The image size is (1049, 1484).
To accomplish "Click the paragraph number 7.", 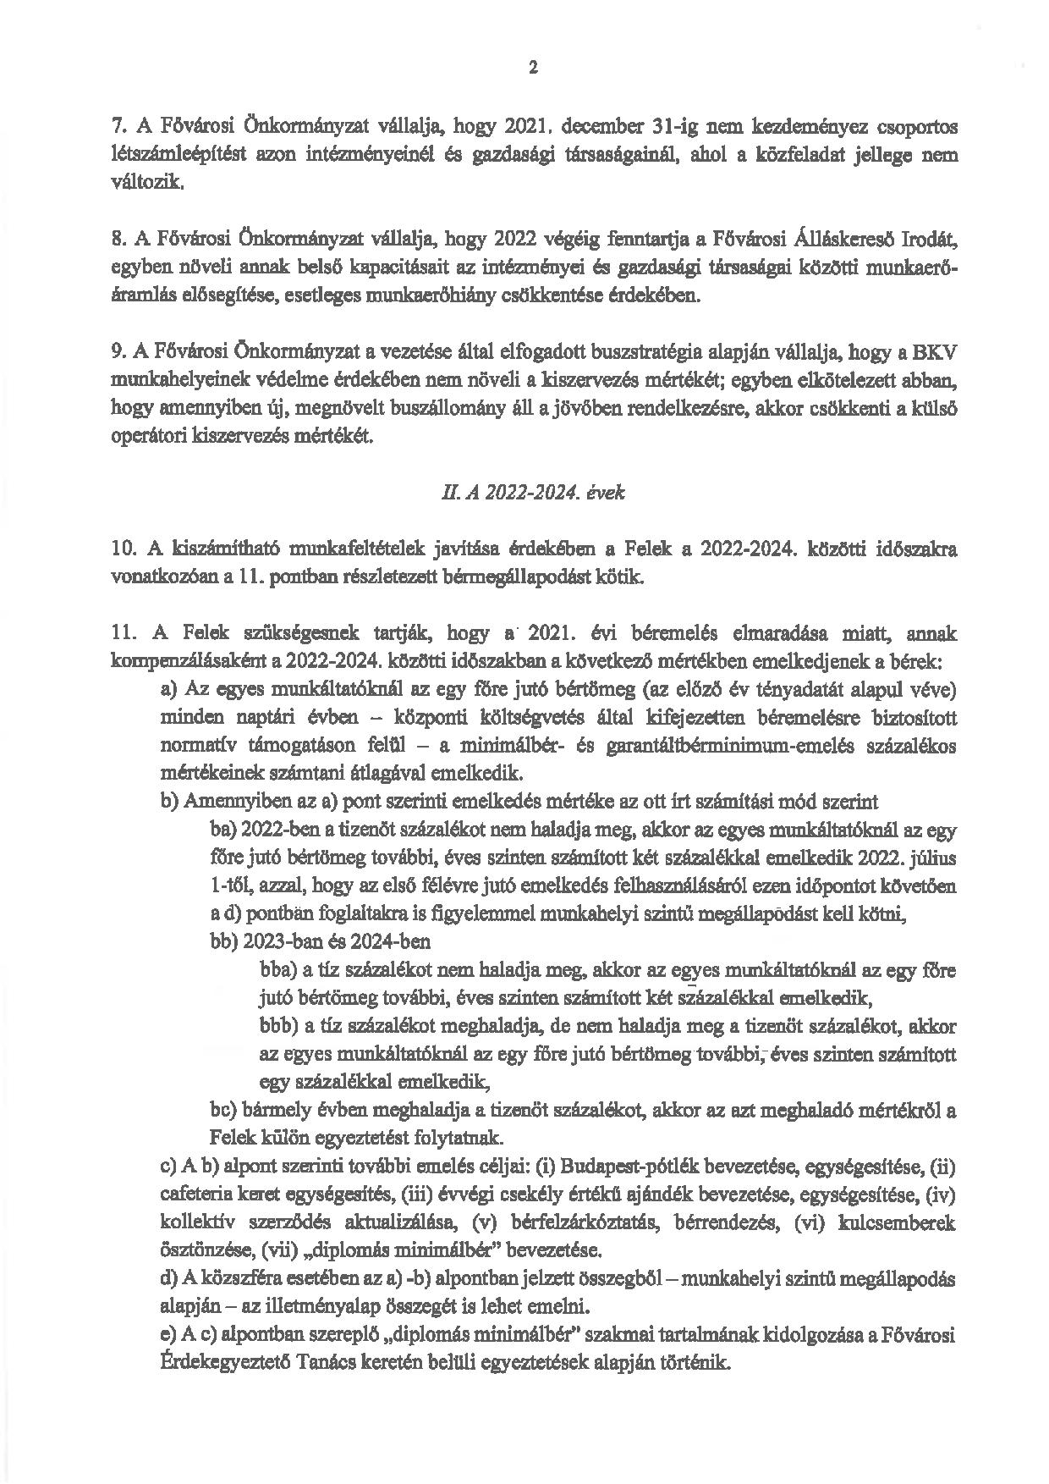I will point(118,127).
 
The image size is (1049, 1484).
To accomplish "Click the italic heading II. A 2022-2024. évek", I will point(527,492).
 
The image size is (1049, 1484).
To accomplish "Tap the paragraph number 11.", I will point(124,632).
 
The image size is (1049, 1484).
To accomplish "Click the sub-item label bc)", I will point(222,1110).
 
